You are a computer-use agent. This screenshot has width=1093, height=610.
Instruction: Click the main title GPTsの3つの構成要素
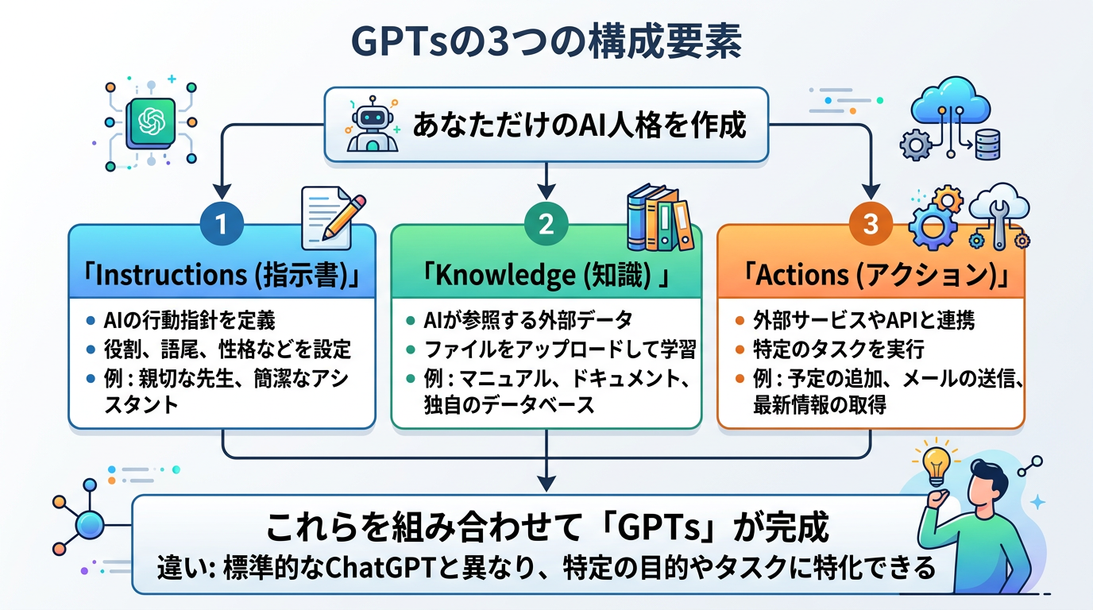546,44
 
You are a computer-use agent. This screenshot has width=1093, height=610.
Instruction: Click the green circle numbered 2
546,225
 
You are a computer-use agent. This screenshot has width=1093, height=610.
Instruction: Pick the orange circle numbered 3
871,225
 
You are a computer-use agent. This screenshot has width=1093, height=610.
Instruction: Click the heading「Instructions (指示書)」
222,276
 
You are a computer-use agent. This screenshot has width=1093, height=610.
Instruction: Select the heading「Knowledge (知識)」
546,276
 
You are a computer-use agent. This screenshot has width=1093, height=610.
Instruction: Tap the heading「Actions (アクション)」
871,276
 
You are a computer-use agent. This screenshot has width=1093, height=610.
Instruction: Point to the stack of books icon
659,218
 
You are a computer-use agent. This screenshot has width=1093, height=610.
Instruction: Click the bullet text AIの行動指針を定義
189,321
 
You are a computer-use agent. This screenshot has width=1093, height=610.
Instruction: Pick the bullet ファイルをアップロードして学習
560,349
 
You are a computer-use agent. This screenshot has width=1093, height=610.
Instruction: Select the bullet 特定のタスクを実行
838,349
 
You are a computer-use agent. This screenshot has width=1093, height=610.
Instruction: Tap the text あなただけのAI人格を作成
578,125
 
